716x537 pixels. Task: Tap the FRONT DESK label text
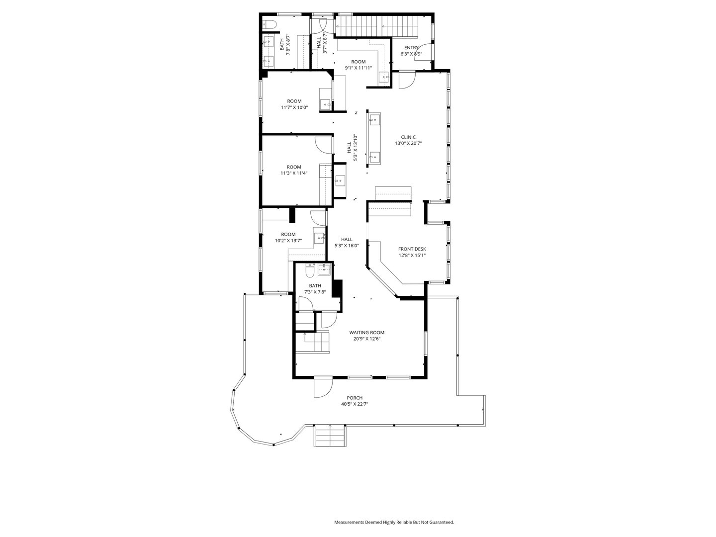point(412,249)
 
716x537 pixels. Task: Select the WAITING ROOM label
point(366,333)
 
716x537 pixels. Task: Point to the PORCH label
point(355,398)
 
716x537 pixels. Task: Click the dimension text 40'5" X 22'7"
point(355,404)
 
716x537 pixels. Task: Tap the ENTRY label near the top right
point(411,48)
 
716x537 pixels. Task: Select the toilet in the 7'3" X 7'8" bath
point(309,271)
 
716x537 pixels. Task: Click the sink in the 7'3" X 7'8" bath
point(324,269)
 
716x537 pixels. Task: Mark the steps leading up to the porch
point(330,436)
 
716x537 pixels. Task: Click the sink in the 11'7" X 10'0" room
point(326,103)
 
